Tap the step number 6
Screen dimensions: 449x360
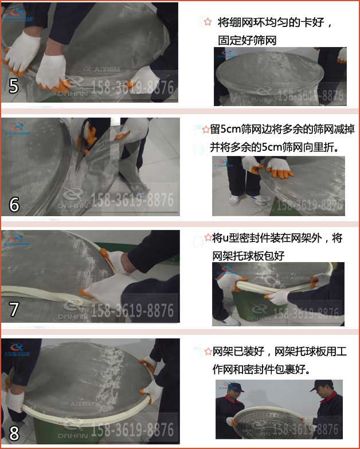[14, 204]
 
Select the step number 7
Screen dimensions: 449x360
[14, 310]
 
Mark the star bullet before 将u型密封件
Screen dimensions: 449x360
[208, 237]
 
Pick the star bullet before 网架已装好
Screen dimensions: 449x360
[208, 351]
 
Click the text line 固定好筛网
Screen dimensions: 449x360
[242, 40]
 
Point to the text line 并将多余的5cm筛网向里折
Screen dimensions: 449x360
[274, 147]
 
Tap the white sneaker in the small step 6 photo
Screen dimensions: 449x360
[234, 200]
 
